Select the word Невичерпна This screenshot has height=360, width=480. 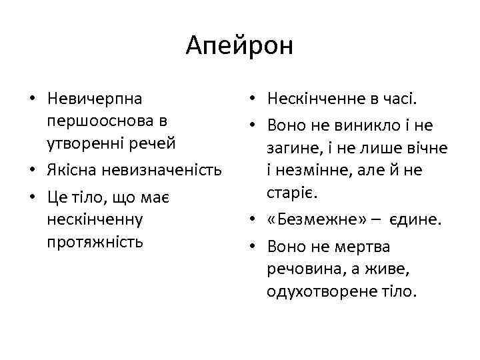pyautogui.click(x=95, y=99)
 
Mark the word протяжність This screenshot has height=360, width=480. pyautogui.click(x=95, y=242)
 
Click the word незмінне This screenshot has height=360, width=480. pyautogui.click(x=321, y=171)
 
